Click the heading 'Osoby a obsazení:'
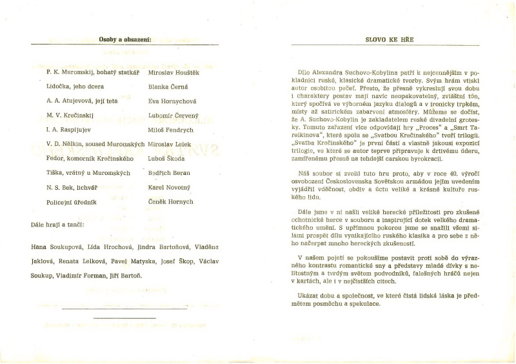click(125, 40)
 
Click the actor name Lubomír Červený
click(174, 116)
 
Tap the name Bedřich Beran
click(169, 173)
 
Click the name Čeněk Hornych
click(171, 202)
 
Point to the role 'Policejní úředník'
click(72, 202)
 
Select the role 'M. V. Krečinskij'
click(71, 116)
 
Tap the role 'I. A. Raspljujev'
click(70, 129)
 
